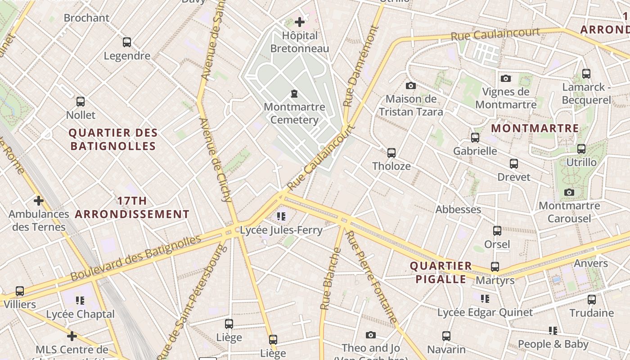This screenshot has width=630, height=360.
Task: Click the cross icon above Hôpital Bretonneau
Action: coord(300,22)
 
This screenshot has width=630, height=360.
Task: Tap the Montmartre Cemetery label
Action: coord(294,113)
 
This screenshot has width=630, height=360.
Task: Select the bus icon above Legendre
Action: coord(127,42)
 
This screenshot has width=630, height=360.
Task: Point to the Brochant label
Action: coord(86,18)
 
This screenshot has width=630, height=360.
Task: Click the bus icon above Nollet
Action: coord(81,102)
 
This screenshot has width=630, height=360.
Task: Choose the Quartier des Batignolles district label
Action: coord(113,139)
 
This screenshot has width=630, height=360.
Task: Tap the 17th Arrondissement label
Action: coord(132,207)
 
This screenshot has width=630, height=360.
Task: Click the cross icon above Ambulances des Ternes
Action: coord(39,200)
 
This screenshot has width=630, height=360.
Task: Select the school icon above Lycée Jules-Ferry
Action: coord(282,216)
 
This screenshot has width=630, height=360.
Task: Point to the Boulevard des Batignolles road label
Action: coord(135,257)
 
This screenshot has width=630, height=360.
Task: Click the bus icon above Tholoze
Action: coord(391,153)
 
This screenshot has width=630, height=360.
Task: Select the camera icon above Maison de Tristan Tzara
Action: coord(410,85)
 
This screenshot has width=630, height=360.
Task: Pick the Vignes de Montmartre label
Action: coord(506,98)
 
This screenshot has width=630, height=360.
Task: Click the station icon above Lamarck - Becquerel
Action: coord(586,74)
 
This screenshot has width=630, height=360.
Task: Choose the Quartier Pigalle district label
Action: coord(441,272)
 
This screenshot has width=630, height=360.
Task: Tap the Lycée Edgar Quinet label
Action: coord(485,312)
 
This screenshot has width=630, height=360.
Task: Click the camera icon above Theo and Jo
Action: coord(371,335)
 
